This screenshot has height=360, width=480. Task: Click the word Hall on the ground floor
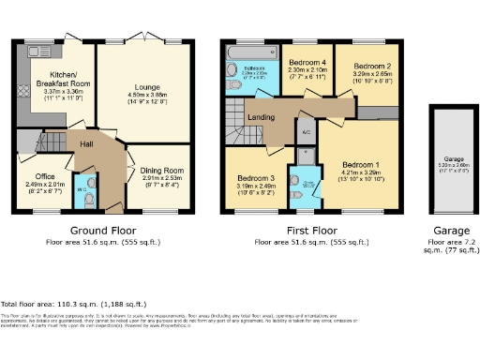coord(85,143)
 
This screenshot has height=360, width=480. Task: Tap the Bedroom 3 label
coord(255,178)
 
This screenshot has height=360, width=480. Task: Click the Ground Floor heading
coord(100,230)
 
